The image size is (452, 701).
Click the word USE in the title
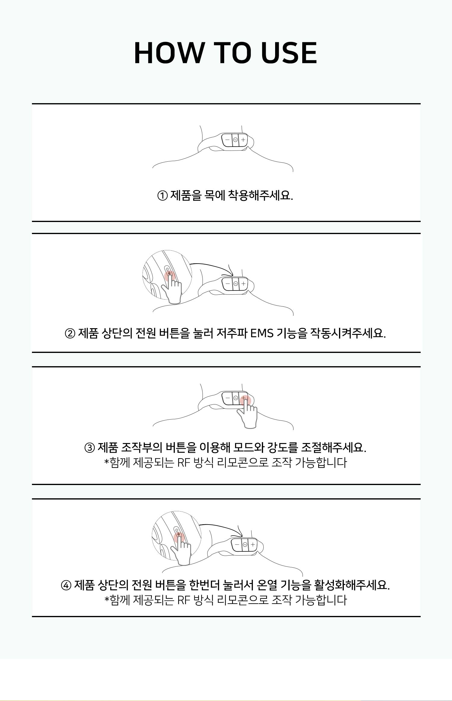[x=289, y=53]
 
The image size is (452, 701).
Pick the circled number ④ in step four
[x=66, y=586]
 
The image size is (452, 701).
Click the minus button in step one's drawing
[x=227, y=140]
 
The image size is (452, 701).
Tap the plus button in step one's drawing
[x=243, y=140]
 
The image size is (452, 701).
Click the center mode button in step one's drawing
[x=235, y=140]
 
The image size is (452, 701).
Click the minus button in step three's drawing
[x=228, y=398]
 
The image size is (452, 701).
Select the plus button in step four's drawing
[x=253, y=544]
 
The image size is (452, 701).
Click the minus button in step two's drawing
[x=228, y=284]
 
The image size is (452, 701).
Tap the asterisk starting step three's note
[x=106, y=462]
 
